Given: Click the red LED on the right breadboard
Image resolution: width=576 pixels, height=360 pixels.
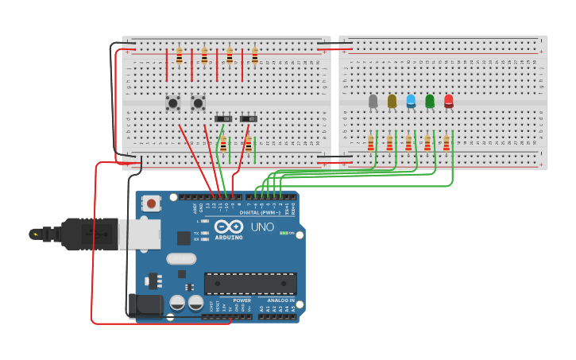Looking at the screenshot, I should pyautogui.click(x=448, y=101).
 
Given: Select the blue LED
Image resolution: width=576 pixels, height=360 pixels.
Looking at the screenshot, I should pyautogui.click(x=411, y=101).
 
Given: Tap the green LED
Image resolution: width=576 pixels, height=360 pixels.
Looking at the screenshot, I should pyautogui.click(x=430, y=101).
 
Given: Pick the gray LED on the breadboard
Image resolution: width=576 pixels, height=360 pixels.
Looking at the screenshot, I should pyautogui.click(x=373, y=101).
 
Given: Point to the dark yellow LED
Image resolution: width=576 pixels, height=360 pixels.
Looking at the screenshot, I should pyautogui.click(x=392, y=101).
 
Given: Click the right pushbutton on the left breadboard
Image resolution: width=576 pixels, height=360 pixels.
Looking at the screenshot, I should pyautogui.click(x=198, y=103).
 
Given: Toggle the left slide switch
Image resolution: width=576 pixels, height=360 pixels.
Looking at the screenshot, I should pyautogui.click(x=223, y=118).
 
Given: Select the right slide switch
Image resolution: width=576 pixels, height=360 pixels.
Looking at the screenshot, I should pyautogui.click(x=249, y=118).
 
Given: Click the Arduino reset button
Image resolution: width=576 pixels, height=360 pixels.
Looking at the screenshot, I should pyautogui.click(x=151, y=203).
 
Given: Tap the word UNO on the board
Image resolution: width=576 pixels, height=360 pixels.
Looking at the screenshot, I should pyautogui.click(x=262, y=227).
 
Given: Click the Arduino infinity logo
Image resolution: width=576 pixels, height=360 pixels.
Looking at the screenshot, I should pyautogui.click(x=229, y=226).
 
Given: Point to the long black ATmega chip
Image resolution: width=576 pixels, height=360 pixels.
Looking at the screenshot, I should pyautogui.click(x=250, y=284).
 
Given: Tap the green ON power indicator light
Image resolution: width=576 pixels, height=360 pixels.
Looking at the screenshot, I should pyautogui.click(x=284, y=233).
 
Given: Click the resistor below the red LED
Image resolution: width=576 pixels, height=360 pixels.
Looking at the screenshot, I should pyautogui.click(x=446, y=143).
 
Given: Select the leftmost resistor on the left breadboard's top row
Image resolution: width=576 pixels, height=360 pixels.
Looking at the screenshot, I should pyautogui.click(x=179, y=56).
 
